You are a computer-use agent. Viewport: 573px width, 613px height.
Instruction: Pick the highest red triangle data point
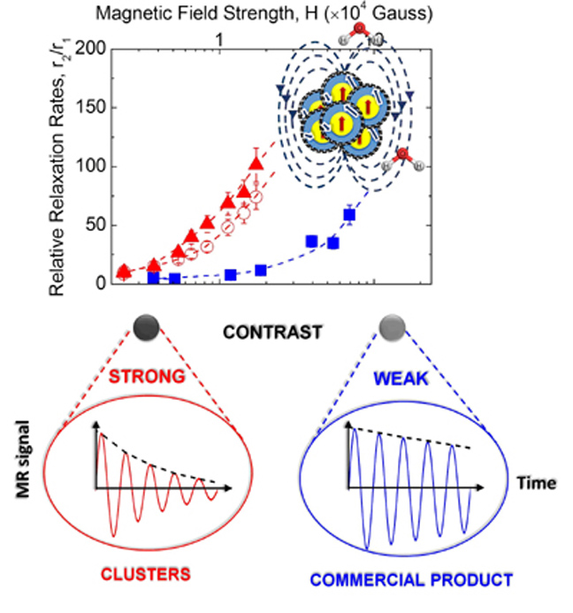tap(256, 163)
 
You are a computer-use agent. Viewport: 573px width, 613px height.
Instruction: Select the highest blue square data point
tap(349, 215)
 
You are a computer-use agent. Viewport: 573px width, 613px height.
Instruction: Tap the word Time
tap(538, 483)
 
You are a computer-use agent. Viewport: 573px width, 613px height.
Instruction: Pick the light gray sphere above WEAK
tap(390, 328)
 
